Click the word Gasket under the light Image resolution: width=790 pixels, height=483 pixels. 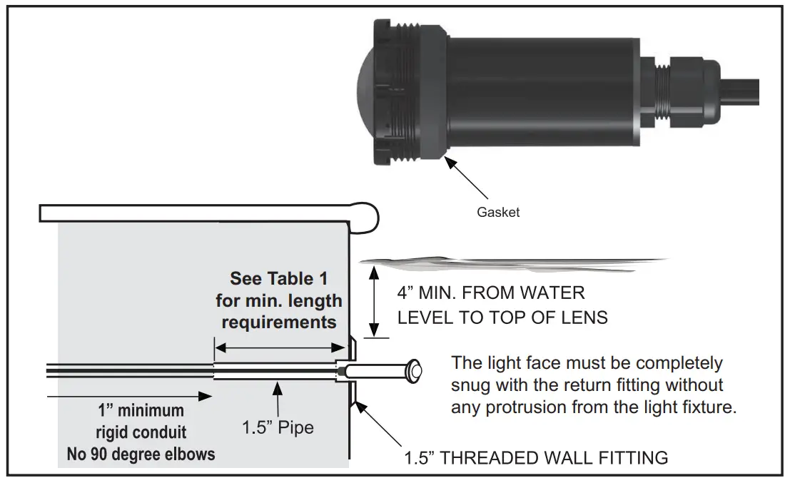(x=498, y=212)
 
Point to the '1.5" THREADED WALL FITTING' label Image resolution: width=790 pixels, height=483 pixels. (x=536, y=457)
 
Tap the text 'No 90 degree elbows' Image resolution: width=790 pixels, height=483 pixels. (x=141, y=454)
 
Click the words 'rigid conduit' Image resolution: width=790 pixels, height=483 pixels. (x=141, y=432)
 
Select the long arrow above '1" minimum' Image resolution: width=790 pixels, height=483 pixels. (x=128, y=395)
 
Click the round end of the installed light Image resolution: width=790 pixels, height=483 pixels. (x=414, y=370)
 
